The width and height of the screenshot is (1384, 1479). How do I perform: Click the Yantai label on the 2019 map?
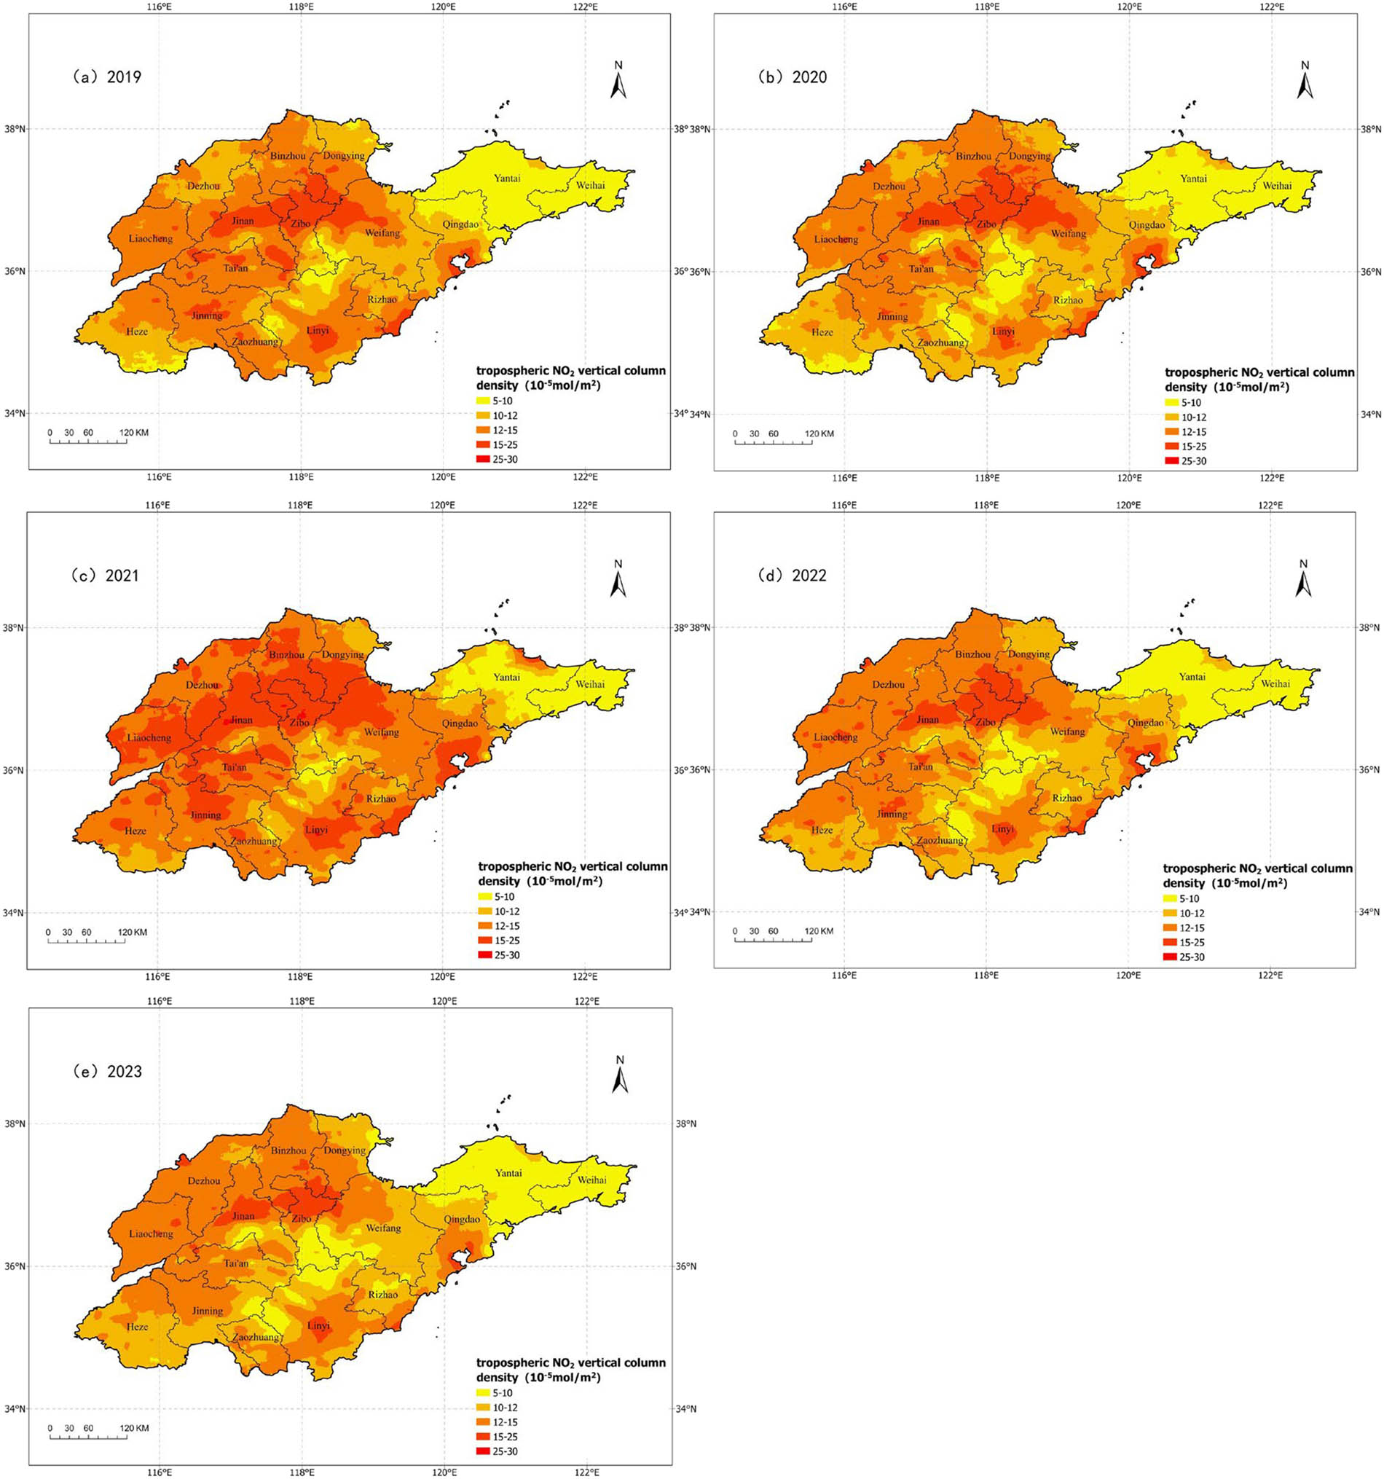coord(507,178)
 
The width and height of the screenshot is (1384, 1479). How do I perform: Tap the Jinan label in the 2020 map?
coord(928,221)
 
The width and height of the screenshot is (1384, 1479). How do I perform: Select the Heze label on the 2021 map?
coord(135,831)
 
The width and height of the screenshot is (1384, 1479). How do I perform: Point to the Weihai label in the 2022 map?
coord(1275,683)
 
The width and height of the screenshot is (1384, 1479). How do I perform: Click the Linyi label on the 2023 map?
coord(318,1326)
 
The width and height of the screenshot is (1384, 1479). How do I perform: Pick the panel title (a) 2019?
coord(107,76)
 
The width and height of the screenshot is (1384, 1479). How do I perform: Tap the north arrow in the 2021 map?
coord(618,578)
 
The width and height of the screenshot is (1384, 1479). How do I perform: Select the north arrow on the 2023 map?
coord(620,1075)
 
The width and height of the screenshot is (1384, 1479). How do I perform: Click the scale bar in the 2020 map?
coord(774,443)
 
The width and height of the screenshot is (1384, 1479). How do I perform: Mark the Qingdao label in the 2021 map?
coord(460,723)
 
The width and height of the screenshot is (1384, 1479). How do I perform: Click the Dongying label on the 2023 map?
coord(345,1150)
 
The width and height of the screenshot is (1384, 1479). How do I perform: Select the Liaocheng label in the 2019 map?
coord(151,239)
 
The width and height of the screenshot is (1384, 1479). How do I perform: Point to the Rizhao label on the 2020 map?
coord(1068,300)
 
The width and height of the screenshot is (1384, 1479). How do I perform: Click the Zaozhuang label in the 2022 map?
coord(940,840)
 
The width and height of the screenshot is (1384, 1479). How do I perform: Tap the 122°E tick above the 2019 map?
coord(585,7)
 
